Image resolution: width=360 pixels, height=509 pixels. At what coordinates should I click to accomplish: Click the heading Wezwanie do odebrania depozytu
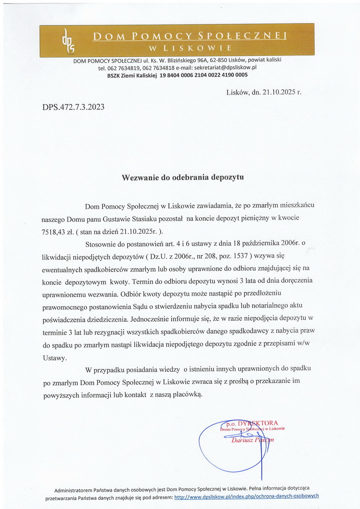tap(182, 177)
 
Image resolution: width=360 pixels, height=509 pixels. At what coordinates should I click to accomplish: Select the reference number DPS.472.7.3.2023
tap(73, 108)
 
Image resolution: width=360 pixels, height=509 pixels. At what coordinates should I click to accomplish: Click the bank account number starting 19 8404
tap(204, 75)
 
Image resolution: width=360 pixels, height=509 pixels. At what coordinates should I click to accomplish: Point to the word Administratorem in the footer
tap(73, 488)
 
